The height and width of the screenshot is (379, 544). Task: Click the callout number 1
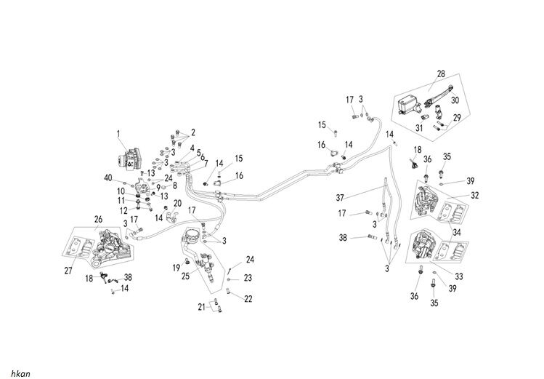[118, 133]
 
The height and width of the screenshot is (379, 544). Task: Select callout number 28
[440, 74]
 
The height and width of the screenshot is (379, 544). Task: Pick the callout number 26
[98, 218]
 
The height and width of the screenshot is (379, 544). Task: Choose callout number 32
[475, 195]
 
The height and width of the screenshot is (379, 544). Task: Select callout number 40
[129, 178]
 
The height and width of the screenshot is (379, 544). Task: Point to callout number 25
[185, 276]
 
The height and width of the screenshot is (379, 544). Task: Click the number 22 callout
[248, 298]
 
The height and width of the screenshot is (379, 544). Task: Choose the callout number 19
[176, 268]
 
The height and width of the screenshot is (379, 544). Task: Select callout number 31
[418, 129]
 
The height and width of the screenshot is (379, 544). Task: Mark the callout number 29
[458, 118]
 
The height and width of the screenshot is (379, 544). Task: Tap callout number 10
[123, 191]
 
